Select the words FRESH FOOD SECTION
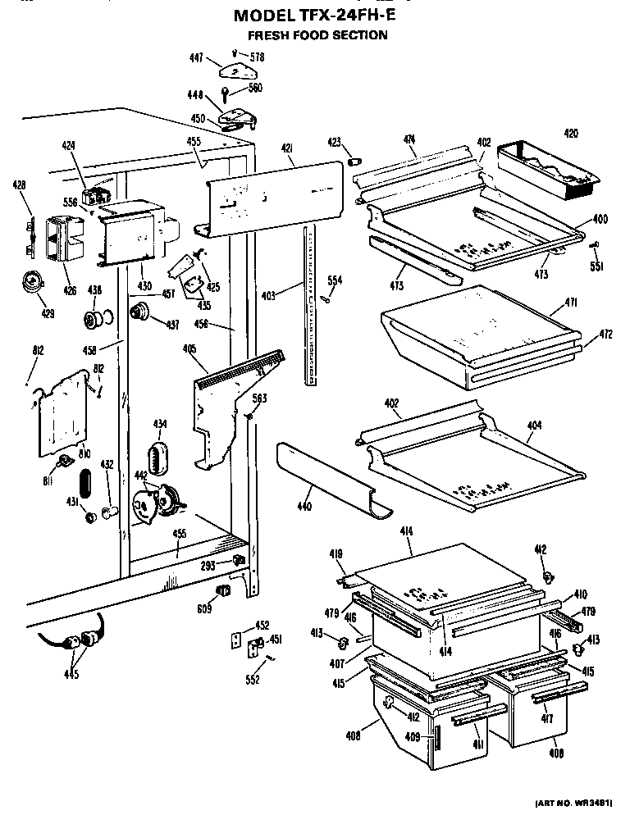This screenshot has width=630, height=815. pos(317,35)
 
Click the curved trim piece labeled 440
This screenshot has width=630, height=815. pos(328,480)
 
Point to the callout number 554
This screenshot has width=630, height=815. pos(335,280)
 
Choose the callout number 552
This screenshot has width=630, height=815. pos(253,680)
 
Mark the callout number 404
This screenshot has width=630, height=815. pos(535,426)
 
